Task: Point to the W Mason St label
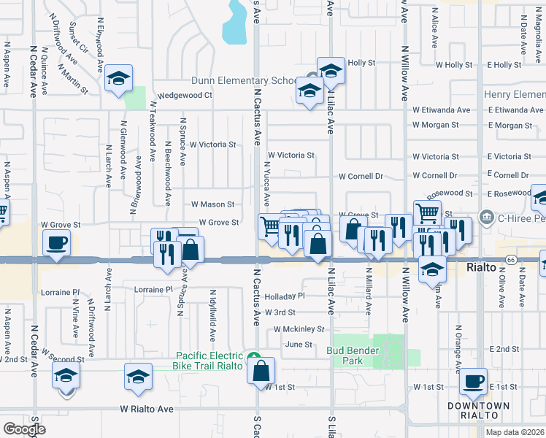(x=212, y=204)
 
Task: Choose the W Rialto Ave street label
(x=147, y=410)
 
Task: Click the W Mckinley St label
(x=299, y=329)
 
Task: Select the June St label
(x=299, y=345)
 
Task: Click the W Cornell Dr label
(x=361, y=176)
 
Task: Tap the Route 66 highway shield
(x=510, y=259)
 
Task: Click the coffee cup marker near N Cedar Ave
(x=56, y=243)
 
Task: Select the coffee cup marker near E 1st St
(x=473, y=381)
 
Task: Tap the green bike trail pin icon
(x=253, y=356)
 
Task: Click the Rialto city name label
(x=482, y=268)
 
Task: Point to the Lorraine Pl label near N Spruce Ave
(x=153, y=290)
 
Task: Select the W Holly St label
(x=454, y=65)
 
